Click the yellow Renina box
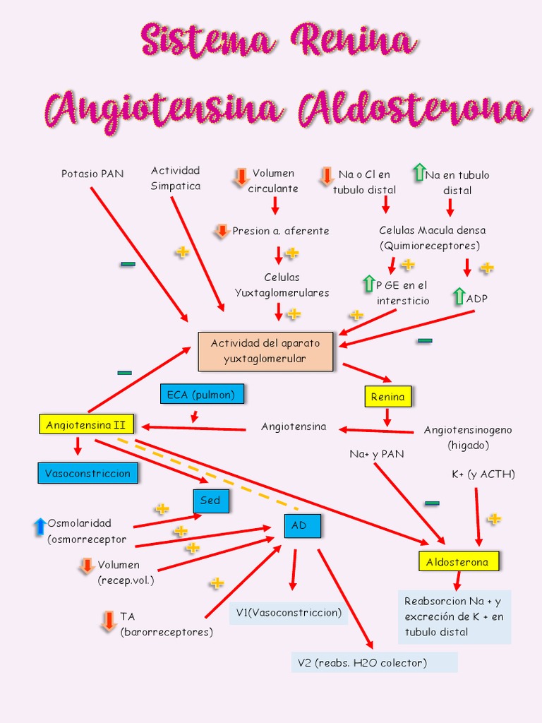[387, 397]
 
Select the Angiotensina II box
[85, 425]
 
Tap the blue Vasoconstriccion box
[88, 473]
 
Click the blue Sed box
[210, 501]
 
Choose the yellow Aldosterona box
[457, 562]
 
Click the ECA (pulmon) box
[202, 395]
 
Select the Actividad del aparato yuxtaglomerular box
[265, 351]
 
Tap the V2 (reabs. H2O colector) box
[374, 662]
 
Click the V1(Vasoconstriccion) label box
[289, 613]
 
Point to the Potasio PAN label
[92, 174]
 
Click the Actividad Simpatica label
[176, 178]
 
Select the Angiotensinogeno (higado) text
[468, 437]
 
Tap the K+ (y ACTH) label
[483, 474]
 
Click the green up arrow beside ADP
[459, 296]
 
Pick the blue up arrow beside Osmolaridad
[40, 527]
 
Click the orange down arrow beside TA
[109, 621]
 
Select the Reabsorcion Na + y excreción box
[454, 616]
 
